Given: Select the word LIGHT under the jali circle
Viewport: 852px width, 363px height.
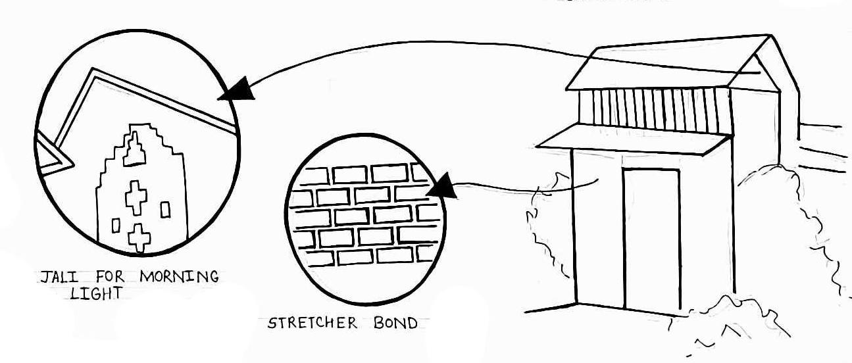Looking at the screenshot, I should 96,294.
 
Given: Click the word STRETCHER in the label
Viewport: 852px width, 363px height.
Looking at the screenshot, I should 313,323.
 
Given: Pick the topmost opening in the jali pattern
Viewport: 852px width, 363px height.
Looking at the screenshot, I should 136,151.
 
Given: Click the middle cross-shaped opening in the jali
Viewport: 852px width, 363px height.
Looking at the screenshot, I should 137,197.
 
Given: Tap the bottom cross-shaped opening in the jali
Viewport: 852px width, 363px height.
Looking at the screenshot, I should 138,237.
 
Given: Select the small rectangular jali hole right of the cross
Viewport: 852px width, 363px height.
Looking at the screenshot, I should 165,209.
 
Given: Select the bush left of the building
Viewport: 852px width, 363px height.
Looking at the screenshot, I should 546,224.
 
